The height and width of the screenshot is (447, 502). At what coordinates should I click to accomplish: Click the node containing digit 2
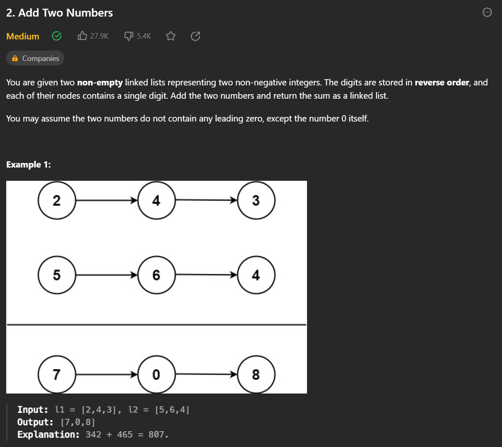56,200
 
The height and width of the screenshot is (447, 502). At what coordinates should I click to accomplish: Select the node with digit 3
256,200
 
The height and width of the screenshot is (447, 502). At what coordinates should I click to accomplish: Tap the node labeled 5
56,275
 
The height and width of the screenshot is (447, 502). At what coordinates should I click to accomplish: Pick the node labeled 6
156,275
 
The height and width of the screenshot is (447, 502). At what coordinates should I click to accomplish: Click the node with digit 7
56,374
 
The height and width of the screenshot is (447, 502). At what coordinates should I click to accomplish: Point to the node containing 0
156,374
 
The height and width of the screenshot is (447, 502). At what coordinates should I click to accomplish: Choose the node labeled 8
256,374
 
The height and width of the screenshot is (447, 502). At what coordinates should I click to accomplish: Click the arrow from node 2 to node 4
106,201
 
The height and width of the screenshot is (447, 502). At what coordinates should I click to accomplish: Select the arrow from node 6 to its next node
206,275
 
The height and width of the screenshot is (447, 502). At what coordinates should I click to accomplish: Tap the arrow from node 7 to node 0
106,374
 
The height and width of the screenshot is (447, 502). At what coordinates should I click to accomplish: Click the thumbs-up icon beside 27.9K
82,36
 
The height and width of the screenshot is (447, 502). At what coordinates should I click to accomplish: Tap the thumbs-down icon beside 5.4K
129,36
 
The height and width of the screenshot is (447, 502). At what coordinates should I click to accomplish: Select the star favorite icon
171,36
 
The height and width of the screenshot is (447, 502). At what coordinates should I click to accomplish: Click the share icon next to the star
195,36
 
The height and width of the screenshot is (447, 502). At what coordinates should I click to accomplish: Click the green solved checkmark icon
57,36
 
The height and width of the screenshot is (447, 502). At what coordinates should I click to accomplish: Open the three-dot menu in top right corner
487,12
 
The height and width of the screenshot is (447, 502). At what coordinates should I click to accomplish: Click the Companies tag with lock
35,58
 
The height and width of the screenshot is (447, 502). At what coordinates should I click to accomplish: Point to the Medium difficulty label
23,36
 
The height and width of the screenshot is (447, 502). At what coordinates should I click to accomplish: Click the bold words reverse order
441,83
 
